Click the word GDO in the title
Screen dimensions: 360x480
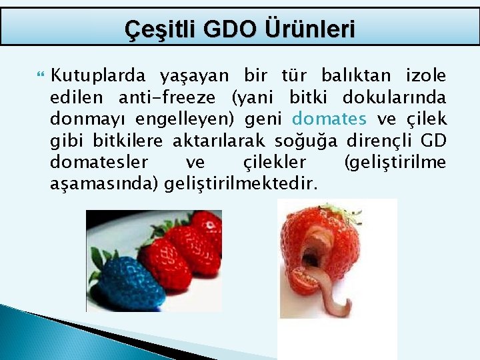[x=235, y=29]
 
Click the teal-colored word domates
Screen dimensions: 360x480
[x=330, y=119]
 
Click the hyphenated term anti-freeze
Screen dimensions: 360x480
[x=167, y=97]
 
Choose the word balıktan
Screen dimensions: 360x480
[x=350, y=76]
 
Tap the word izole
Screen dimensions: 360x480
[x=423, y=76]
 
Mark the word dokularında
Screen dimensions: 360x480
[x=394, y=97]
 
